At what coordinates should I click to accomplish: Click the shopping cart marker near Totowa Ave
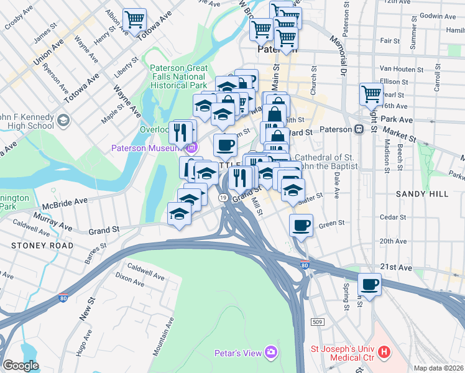pyautogui.click(x=134, y=20)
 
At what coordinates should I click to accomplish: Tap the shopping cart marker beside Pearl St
pyautogui.click(x=371, y=94)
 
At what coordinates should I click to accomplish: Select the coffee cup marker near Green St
pyautogui.click(x=302, y=225)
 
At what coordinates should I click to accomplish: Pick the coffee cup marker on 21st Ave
pyautogui.click(x=370, y=284)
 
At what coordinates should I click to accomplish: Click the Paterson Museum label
pyautogui.click(x=147, y=148)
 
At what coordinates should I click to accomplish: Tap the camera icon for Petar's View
pyautogui.click(x=270, y=352)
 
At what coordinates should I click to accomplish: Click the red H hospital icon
pyautogui.click(x=384, y=352)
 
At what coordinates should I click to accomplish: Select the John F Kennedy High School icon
pyautogui.click(x=63, y=119)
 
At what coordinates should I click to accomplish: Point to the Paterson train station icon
pyautogui.click(x=359, y=130)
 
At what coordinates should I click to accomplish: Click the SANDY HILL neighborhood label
pyautogui.click(x=422, y=194)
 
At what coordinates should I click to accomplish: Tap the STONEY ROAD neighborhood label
pyautogui.click(x=42, y=246)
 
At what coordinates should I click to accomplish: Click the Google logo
pyautogui.click(x=21, y=365)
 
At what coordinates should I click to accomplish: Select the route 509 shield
pyautogui.click(x=316, y=321)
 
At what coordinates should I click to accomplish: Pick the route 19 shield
pyautogui.click(x=221, y=197)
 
